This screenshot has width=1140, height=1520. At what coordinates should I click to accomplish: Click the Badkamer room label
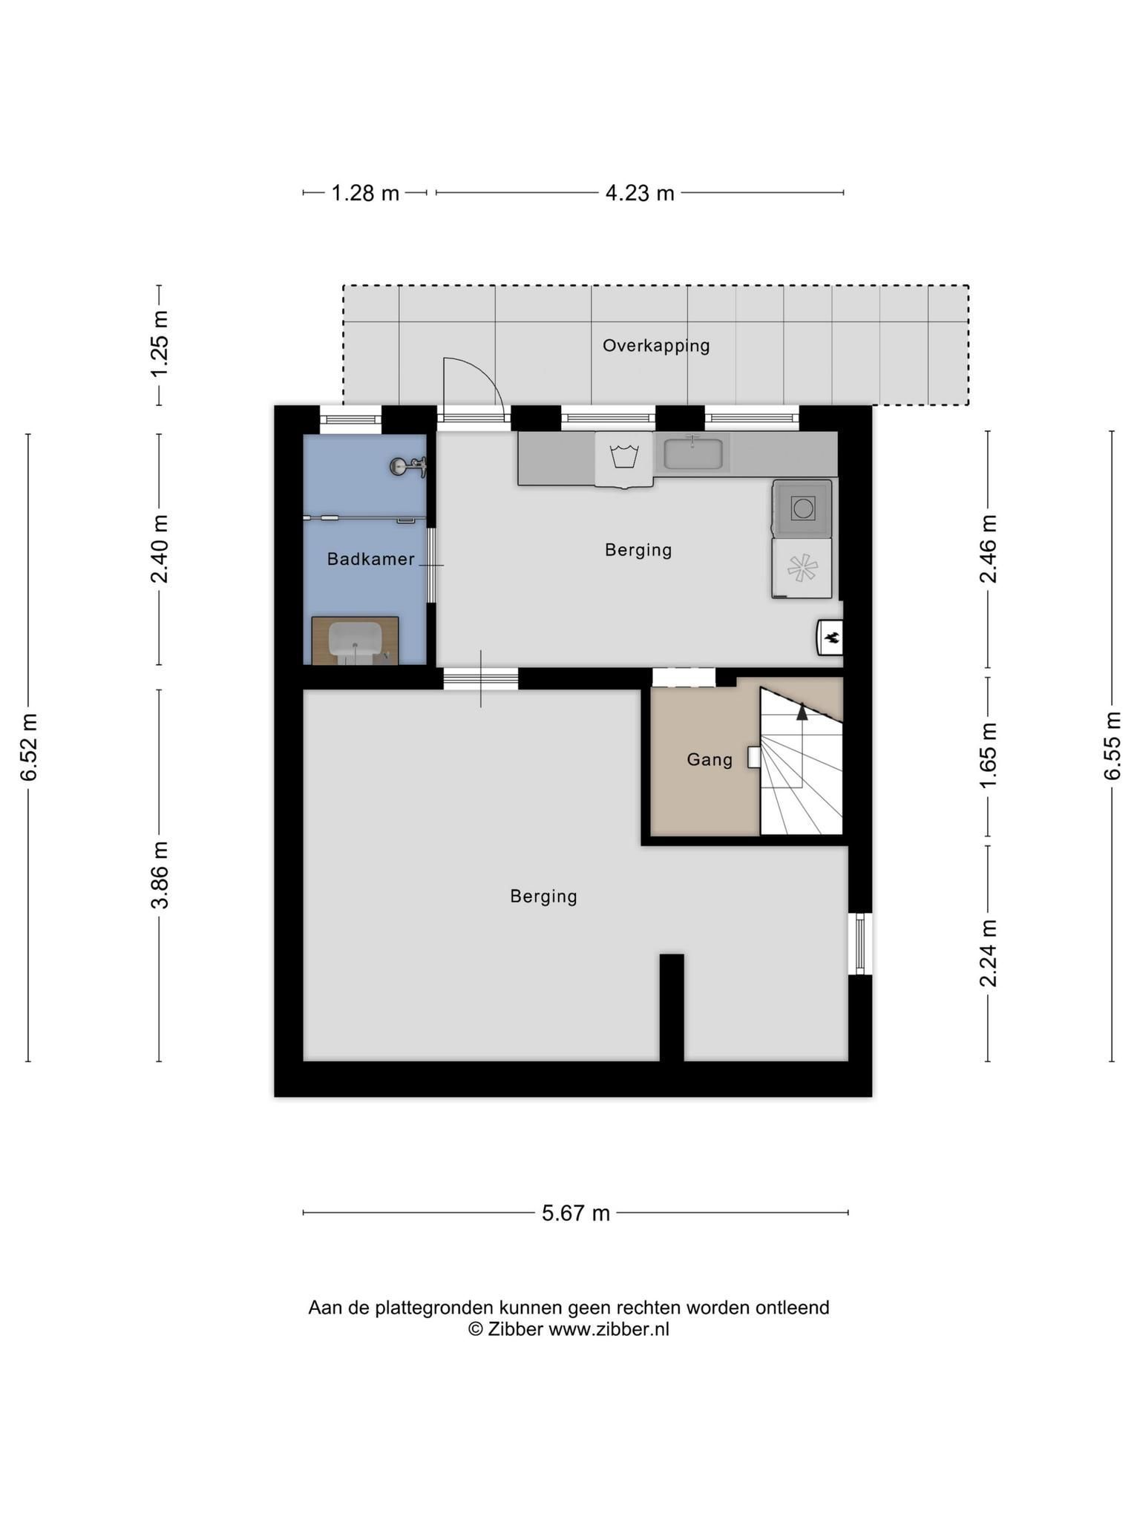tap(370, 559)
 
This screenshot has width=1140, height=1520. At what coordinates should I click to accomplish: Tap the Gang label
tap(710, 759)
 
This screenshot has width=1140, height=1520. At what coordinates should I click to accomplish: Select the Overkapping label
tap(656, 346)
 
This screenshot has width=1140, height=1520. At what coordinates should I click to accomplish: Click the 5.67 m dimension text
tap(576, 1213)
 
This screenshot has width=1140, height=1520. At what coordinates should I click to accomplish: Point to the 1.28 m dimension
tap(365, 193)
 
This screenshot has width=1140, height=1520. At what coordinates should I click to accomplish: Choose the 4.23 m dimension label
tap(640, 193)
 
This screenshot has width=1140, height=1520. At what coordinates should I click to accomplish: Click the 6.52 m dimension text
tap(29, 747)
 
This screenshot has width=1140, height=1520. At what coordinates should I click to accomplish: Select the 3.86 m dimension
tap(160, 875)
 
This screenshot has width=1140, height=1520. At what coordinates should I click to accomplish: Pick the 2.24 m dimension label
tap(987, 953)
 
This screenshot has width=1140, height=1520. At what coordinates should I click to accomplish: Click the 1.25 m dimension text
tap(160, 343)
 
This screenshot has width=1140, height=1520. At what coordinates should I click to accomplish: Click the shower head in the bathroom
tap(407, 466)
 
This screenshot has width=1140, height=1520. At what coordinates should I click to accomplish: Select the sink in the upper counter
tap(693, 453)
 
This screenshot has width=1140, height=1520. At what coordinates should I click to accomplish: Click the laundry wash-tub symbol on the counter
tap(624, 456)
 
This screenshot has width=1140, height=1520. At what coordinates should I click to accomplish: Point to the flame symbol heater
tap(831, 638)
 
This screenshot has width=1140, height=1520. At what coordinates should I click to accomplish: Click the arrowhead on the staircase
tap(802, 711)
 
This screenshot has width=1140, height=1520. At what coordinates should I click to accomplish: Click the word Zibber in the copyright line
tap(515, 1329)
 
